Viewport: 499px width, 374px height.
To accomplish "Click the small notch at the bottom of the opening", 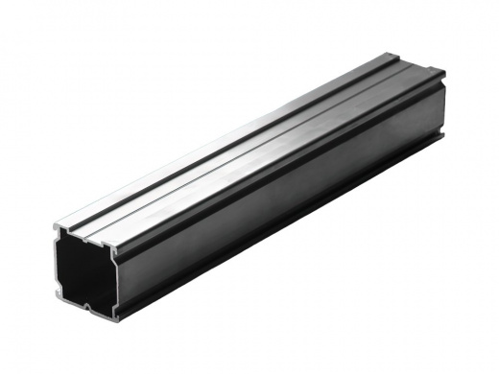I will (85, 307).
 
